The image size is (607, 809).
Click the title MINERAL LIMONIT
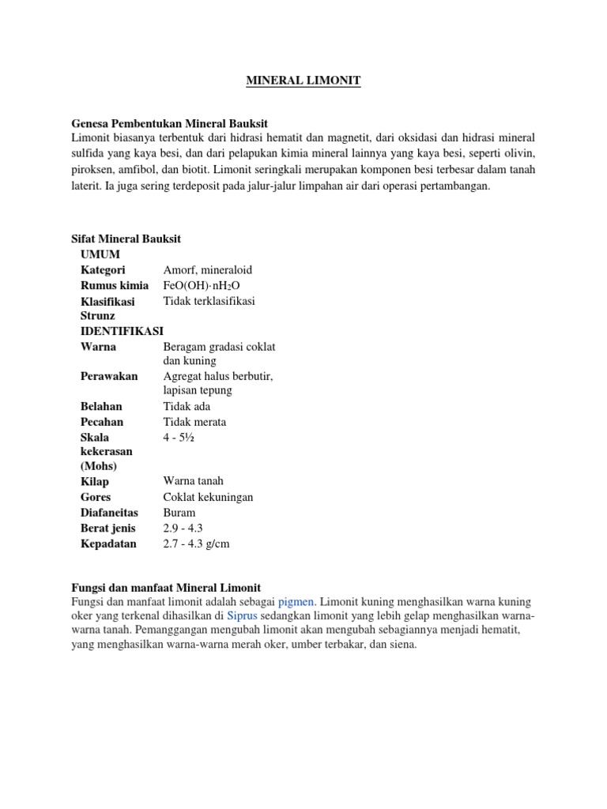point(303,81)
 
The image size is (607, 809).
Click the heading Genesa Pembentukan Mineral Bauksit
point(170,124)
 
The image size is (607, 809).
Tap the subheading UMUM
point(100,254)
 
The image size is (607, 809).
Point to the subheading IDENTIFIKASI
point(122,331)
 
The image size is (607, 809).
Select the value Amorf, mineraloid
point(208,269)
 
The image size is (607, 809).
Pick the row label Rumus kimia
point(115,285)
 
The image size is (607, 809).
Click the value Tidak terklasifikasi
point(209,301)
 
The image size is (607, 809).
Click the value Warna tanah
point(194,481)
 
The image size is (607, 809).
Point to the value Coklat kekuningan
point(209,497)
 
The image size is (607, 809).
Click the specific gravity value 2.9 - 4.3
point(183,528)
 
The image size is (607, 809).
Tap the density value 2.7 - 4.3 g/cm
point(197,544)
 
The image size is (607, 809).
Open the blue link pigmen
point(296,602)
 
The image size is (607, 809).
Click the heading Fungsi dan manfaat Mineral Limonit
point(166,587)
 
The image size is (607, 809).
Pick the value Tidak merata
point(194,422)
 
